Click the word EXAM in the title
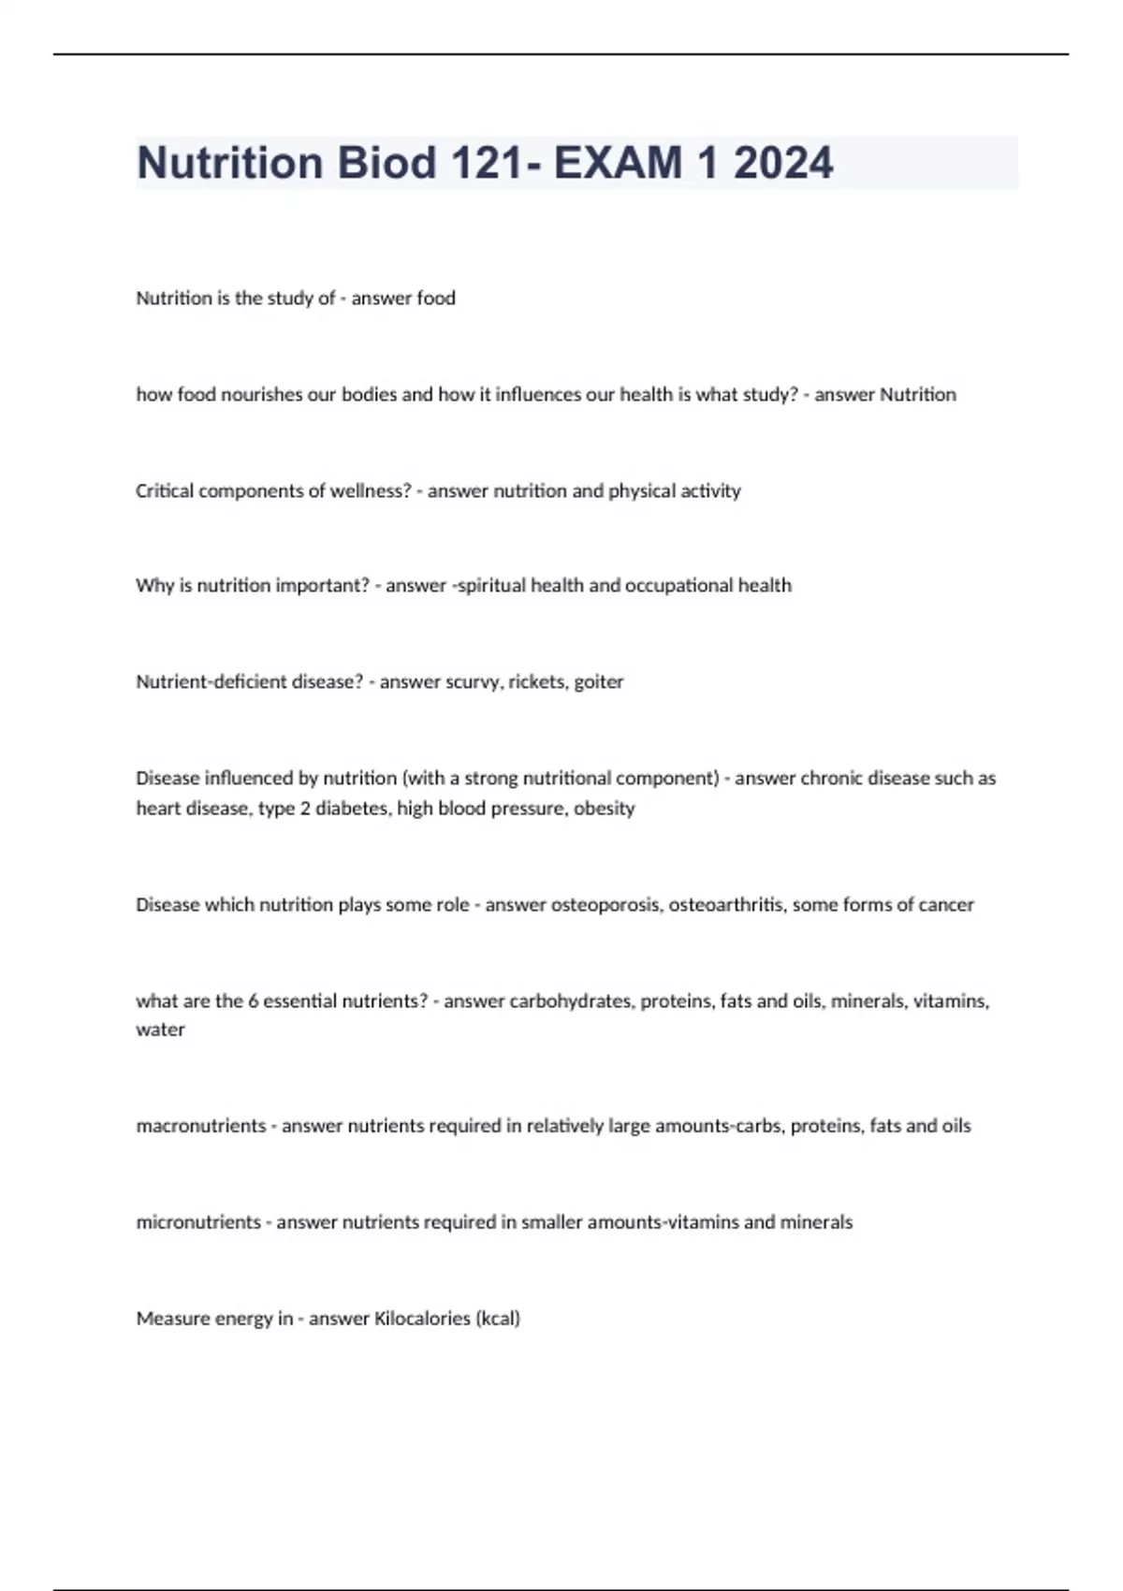pyautogui.click(x=618, y=163)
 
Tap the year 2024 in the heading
pyautogui.click(x=783, y=163)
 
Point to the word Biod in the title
pyautogui.click(x=386, y=163)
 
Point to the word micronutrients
pyautogui.click(x=198, y=1222)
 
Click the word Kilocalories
pyautogui.click(x=422, y=1319)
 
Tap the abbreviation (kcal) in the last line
pyautogui.click(x=498, y=1319)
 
